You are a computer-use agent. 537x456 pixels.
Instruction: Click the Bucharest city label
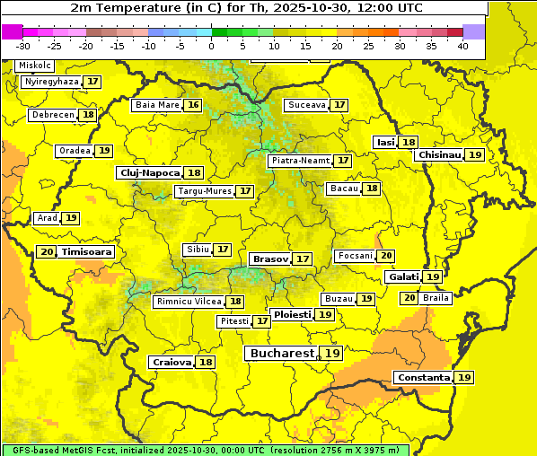(x=282, y=354)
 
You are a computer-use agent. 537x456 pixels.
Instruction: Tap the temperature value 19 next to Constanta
(x=464, y=378)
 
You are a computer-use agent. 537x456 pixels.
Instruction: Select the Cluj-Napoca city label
(x=148, y=172)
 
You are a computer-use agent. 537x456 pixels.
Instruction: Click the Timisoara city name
(x=87, y=252)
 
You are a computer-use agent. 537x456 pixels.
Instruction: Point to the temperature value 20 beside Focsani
(x=386, y=256)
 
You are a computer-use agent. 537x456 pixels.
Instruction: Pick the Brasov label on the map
(x=270, y=259)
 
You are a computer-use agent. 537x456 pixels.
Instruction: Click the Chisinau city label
(x=439, y=154)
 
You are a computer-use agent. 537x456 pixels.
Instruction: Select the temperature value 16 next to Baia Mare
(x=193, y=105)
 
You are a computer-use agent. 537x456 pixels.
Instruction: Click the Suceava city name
(x=306, y=105)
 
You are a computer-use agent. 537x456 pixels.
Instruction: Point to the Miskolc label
(x=35, y=66)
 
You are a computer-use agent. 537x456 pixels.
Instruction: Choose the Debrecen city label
(x=52, y=115)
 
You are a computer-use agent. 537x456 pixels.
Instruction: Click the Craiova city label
(x=172, y=362)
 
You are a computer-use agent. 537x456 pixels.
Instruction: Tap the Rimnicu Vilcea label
(x=188, y=302)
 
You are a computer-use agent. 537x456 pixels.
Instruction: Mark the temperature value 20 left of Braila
(x=409, y=297)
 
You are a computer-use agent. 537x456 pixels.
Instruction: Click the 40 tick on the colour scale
(x=462, y=46)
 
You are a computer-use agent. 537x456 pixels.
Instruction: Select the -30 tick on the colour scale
(x=23, y=46)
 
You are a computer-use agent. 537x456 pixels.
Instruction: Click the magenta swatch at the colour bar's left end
(x=12, y=31)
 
